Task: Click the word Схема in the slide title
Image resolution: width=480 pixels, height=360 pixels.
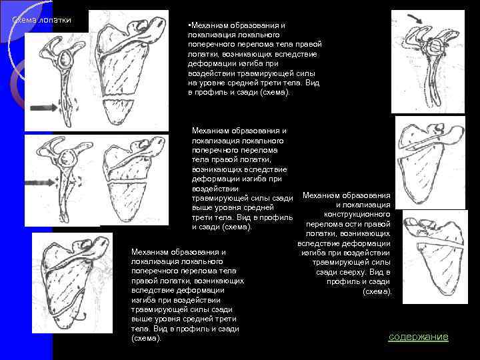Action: pyautogui.click(x=25, y=19)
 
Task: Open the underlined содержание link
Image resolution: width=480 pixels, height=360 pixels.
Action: pyautogui.click(x=418, y=337)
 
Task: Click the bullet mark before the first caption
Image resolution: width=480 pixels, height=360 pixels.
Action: pyautogui.click(x=190, y=25)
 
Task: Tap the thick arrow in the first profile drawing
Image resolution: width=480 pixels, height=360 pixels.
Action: pyautogui.click(x=43, y=106)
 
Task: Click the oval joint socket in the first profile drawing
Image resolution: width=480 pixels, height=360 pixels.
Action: pyautogui.click(x=66, y=59)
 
